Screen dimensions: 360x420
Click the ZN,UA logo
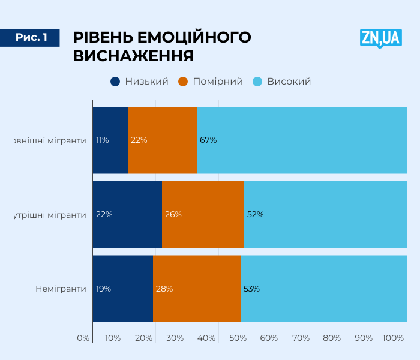click(x=380, y=38)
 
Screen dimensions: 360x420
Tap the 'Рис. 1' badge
click(x=31, y=37)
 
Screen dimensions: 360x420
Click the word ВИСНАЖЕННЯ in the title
click(x=133, y=56)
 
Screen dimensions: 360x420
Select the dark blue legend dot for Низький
click(x=115, y=82)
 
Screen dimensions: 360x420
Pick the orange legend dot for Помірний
click(x=184, y=82)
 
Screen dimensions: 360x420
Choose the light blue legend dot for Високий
click(x=258, y=82)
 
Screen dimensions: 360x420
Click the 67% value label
click(x=208, y=140)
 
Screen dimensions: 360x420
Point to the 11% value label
click(x=102, y=140)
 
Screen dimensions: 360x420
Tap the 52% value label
click(x=255, y=214)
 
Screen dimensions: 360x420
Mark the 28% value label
click(x=164, y=289)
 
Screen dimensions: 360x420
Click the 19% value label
click(x=103, y=289)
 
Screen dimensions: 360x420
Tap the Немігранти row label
click(x=61, y=289)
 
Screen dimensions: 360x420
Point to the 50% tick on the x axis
click(x=238, y=338)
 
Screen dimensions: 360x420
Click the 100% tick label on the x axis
click(x=393, y=338)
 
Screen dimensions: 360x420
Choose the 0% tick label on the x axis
click(x=83, y=338)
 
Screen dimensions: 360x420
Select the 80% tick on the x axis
click(x=332, y=338)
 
